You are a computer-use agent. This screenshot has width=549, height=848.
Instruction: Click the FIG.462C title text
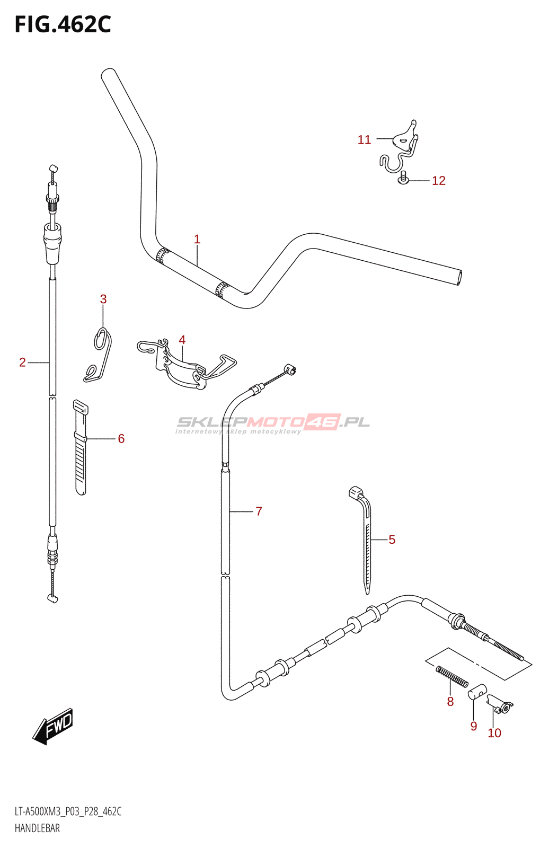pyautogui.click(x=63, y=25)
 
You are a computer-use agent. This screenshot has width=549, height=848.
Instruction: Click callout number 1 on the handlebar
pyautogui.click(x=197, y=240)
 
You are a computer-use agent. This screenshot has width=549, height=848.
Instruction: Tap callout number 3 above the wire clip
pyautogui.click(x=103, y=299)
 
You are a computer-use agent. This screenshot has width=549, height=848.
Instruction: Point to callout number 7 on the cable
pyautogui.click(x=259, y=511)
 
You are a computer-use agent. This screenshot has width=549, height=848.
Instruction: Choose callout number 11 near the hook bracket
pyautogui.click(x=364, y=140)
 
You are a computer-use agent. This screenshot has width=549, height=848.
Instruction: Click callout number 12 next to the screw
pyautogui.click(x=439, y=181)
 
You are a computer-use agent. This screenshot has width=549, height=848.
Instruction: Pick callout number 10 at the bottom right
pyautogui.click(x=494, y=733)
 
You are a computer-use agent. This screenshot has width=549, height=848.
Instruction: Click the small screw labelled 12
pyautogui.click(x=404, y=179)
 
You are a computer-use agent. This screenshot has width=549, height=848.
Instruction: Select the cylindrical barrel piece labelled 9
pyautogui.click(x=477, y=692)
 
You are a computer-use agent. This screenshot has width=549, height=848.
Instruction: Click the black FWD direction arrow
pyautogui.click(x=53, y=726)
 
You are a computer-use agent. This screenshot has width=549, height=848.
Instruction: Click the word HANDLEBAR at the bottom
pyautogui.click(x=37, y=828)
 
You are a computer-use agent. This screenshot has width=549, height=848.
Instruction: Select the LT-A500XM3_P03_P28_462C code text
pyautogui.click(x=68, y=811)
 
